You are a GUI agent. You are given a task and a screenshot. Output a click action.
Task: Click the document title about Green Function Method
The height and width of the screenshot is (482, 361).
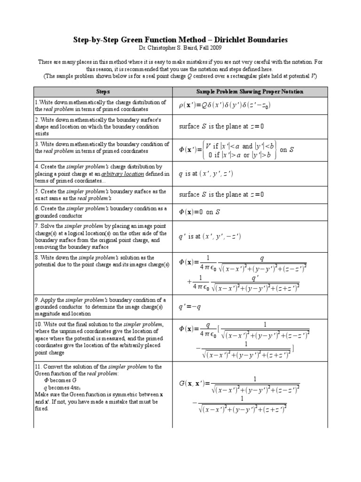(180, 40)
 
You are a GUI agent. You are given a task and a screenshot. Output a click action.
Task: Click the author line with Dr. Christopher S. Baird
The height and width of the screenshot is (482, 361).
(180, 48)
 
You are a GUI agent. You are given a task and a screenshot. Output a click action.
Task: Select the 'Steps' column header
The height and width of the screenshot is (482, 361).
(103, 91)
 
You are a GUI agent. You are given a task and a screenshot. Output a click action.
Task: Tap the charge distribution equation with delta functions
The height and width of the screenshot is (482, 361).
(218, 106)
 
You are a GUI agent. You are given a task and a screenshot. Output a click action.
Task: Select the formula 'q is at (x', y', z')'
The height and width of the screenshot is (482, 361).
(206, 174)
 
